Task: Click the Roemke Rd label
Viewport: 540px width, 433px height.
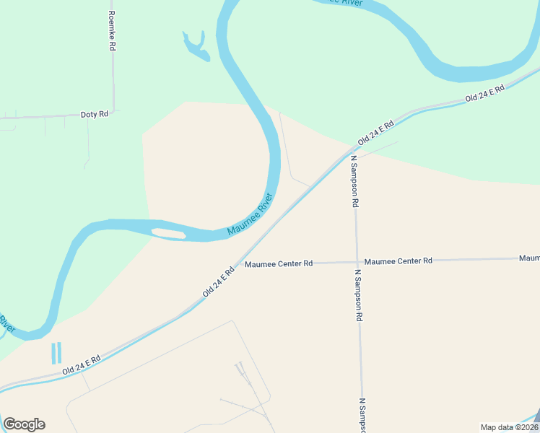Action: [x=111, y=30]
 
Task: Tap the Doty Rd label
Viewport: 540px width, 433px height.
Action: [x=94, y=114]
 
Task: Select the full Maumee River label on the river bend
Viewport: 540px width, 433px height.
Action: [x=251, y=214]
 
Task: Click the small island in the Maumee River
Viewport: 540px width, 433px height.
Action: [x=168, y=233]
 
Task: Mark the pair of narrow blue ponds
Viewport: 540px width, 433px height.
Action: [x=56, y=352]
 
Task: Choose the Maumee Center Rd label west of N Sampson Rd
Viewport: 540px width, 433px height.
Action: [x=279, y=263]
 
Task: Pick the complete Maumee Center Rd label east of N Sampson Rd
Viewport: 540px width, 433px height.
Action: [x=398, y=261]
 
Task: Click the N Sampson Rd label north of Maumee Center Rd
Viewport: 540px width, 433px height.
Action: [x=354, y=181]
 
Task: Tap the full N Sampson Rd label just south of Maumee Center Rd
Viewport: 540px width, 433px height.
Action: [x=358, y=295]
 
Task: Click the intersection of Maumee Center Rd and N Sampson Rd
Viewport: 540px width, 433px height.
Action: [x=357, y=262]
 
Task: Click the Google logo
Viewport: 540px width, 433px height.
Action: [x=24, y=424]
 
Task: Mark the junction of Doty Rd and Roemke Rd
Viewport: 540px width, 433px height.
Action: [x=113, y=112]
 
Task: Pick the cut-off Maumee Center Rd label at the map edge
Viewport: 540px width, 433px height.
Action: [x=529, y=258]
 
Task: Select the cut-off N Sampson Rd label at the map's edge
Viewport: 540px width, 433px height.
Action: [x=363, y=415]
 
